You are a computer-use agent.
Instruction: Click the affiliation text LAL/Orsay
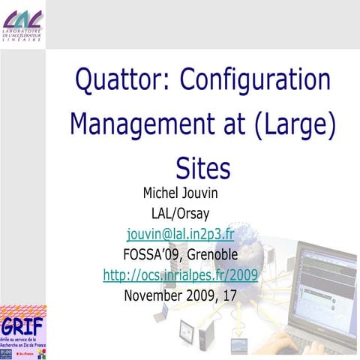point(181,213)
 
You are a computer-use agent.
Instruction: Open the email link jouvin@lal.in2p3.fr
point(181,233)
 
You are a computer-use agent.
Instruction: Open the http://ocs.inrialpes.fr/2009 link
point(181,274)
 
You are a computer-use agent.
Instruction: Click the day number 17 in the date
point(229,295)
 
